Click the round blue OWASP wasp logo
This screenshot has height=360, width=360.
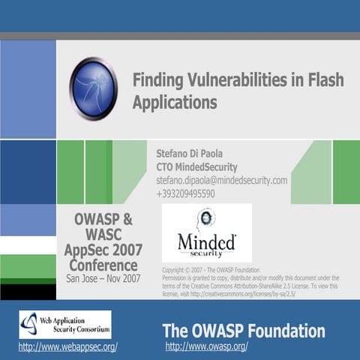[x=93, y=89]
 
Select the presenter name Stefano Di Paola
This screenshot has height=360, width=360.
[x=195, y=153]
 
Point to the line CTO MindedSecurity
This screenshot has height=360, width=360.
[x=196, y=166]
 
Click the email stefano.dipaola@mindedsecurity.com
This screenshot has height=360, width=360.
[x=221, y=180]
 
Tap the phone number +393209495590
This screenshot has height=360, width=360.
[x=185, y=193]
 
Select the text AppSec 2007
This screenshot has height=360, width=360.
[x=103, y=250]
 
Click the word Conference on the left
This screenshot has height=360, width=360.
[x=103, y=265]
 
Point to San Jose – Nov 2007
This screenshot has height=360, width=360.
[x=103, y=278]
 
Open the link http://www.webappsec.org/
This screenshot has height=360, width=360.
[x=67, y=346]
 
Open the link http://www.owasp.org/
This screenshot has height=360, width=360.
[x=206, y=346]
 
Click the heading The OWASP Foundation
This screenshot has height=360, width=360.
[x=244, y=331]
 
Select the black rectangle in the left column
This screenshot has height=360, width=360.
[x=28, y=291]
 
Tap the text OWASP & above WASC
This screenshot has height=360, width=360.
[x=103, y=220]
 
